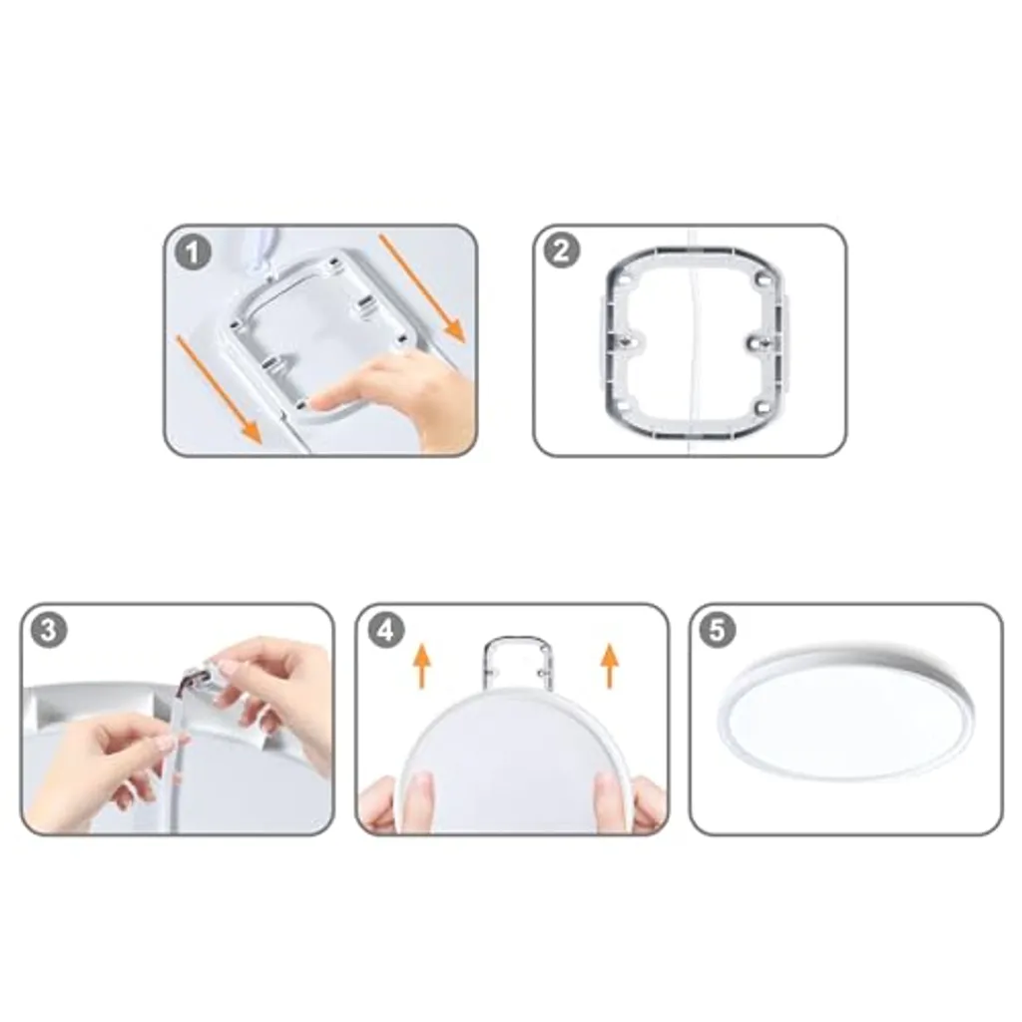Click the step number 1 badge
click(x=193, y=253)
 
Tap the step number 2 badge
click(x=561, y=251)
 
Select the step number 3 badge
click(x=49, y=630)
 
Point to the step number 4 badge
click(x=386, y=630)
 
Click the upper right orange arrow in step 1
click(x=422, y=288)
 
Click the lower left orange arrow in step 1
click(x=219, y=389)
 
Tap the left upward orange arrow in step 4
click(x=422, y=666)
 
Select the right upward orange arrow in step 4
click(x=610, y=666)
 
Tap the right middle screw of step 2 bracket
click(x=757, y=341)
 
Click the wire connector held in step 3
click(x=200, y=678)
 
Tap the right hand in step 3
click(x=273, y=691)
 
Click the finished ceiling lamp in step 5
click(x=847, y=712)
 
